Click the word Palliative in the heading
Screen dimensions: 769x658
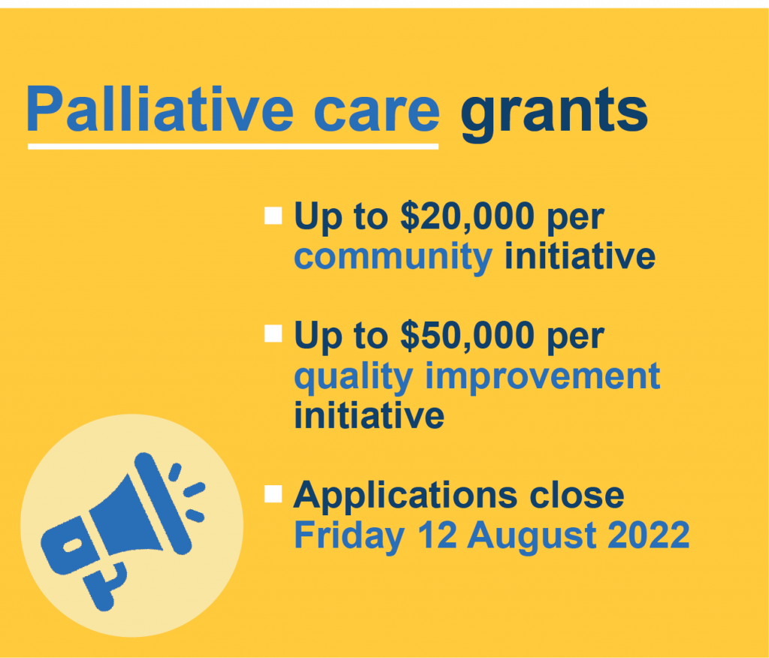click(160, 109)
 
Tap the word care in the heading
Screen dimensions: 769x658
click(377, 115)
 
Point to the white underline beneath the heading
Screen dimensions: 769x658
click(233, 146)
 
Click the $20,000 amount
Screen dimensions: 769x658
click(467, 216)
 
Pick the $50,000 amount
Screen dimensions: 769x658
click(467, 336)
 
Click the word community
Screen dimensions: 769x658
click(393, 257)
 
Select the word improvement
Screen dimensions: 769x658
click(542, 376)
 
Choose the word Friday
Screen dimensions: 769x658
click(349, 536)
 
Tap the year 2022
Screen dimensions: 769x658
click(649, 534)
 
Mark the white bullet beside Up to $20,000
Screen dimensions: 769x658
click(273, 216)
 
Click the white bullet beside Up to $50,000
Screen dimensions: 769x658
click(273, 334)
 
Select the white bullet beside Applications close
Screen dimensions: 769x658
click(273, 494)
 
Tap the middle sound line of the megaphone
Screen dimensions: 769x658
click(195, 490)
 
